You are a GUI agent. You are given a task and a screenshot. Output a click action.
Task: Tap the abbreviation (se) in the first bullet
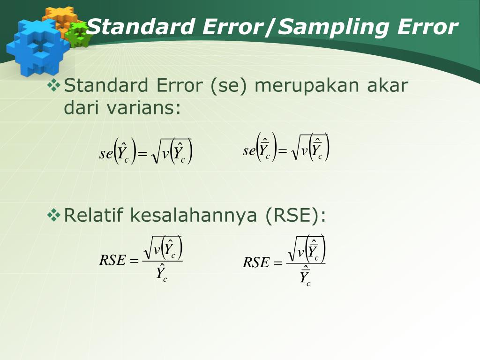(x=228, y=86)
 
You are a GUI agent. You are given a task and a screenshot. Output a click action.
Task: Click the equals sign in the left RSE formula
(x=134, y=261)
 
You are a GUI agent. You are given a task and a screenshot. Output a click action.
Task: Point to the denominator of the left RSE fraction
(x=162, y=273)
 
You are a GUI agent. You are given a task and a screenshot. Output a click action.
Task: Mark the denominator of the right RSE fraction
(x=305, y=276)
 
